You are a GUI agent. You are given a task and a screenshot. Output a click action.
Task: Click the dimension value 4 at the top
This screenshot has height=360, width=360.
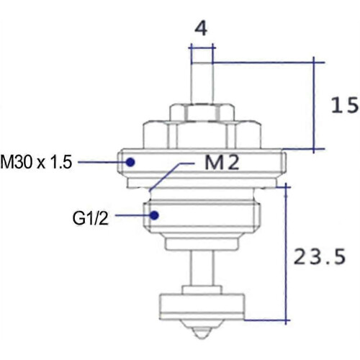click(201, 28)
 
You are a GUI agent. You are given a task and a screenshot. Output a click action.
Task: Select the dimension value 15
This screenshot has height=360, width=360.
click(345, 105)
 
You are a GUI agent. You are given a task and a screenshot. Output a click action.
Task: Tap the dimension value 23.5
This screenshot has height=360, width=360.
click(320, 256)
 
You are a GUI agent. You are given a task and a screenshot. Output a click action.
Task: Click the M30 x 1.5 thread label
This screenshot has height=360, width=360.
click(36, 162)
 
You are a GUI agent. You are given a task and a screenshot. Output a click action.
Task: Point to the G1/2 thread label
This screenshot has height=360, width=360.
click(91, 218)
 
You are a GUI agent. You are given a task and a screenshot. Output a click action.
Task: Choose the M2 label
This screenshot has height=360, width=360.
click(222, 163)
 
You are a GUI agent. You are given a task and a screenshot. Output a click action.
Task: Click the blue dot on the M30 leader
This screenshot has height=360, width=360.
click(130, 162)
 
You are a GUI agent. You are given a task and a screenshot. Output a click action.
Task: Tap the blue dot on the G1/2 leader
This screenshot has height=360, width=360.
click(154, 215)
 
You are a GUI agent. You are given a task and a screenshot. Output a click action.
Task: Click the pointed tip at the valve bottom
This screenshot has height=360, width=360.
click(202, 338)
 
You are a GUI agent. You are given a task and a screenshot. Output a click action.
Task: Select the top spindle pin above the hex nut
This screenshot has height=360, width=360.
click(202, 84)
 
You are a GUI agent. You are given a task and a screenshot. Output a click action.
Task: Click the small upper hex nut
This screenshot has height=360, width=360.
click(202, 112)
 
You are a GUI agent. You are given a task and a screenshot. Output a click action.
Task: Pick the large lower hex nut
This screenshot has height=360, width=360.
click(202, 135)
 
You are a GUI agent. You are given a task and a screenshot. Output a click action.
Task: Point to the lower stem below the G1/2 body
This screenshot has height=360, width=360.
click(202, 268)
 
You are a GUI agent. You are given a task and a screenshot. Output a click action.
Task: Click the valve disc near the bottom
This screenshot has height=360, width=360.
click(202, 307)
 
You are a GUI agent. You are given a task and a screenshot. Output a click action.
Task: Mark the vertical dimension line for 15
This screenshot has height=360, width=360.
click(314, 105)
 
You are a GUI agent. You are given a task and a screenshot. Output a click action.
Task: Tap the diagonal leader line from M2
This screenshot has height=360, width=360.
click(165, 177)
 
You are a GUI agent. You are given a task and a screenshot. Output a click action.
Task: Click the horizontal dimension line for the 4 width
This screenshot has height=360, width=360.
click(202, 48)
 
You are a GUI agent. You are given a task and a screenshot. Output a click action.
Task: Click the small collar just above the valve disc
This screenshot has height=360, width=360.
click(202, 290)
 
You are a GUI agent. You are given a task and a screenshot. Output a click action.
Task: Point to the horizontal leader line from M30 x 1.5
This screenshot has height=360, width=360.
click(102, 162)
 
